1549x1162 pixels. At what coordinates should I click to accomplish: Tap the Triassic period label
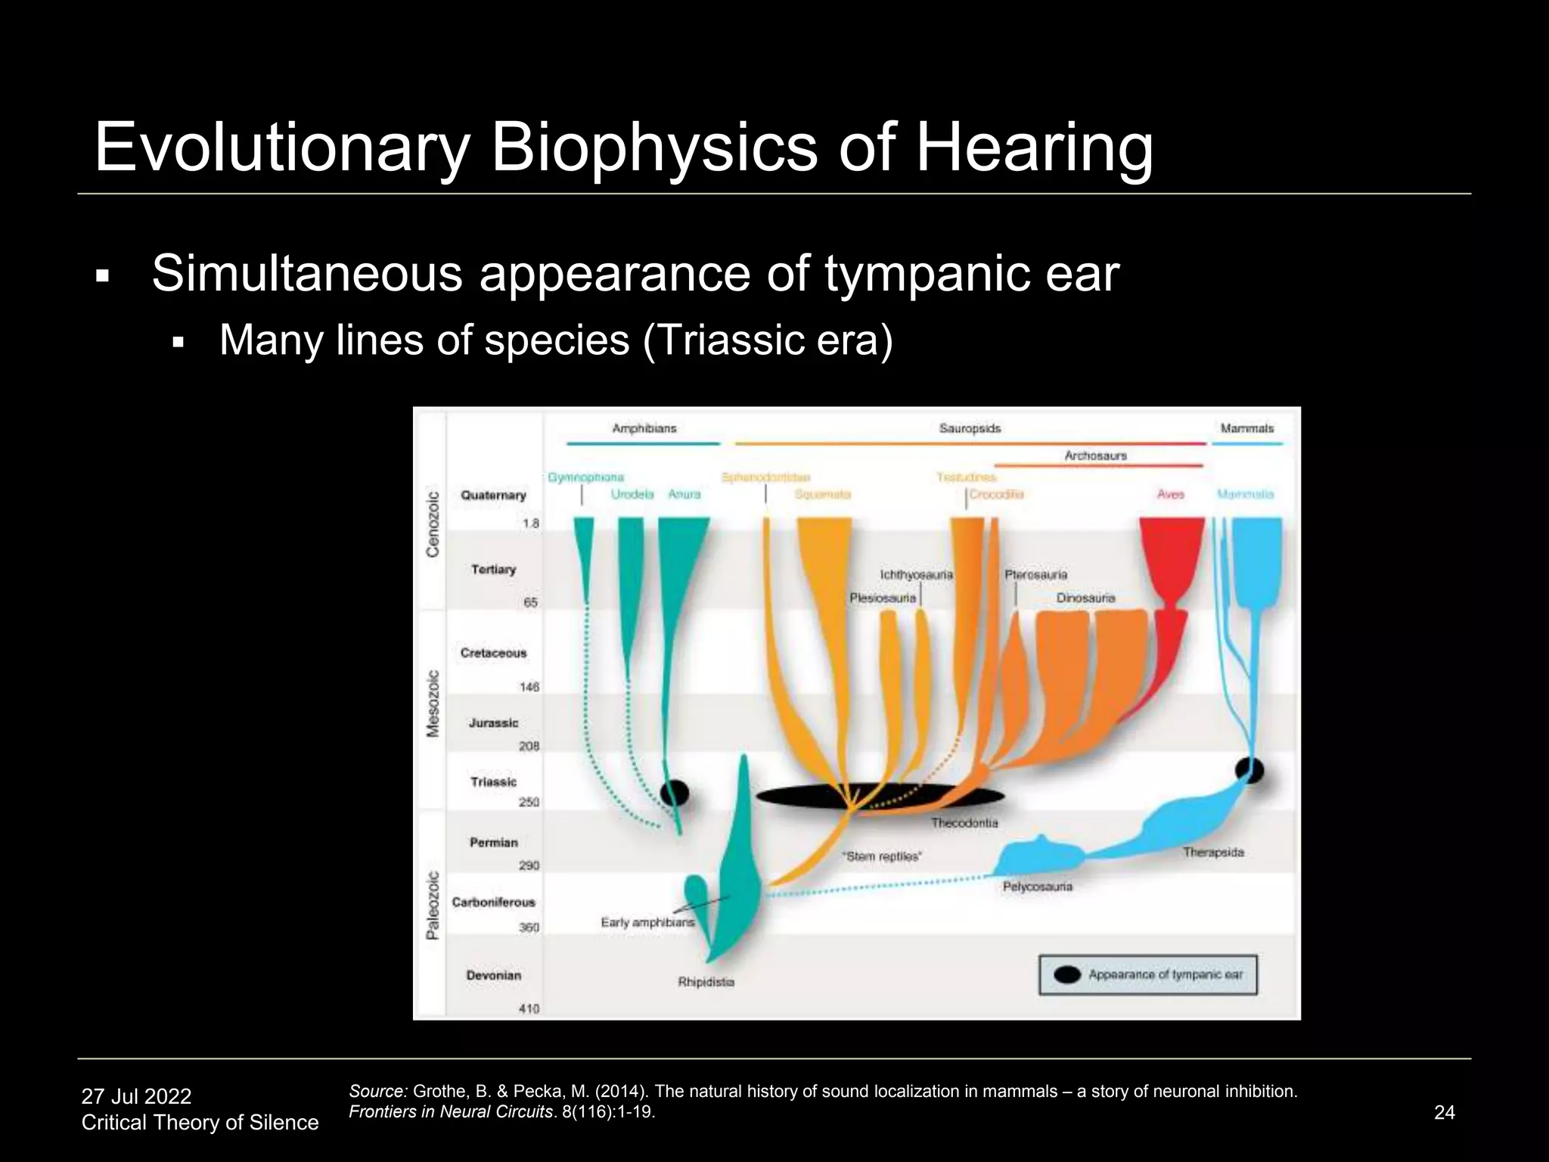(493, 781)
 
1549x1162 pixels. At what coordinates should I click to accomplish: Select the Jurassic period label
(493, 723)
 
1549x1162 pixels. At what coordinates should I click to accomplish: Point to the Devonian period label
(493, 975)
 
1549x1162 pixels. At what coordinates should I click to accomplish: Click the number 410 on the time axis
(529, 1008)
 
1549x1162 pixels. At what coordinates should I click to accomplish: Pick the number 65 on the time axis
(531, 603)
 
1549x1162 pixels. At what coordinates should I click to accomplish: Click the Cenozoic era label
(433, 524)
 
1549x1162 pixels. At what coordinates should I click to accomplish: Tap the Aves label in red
(1170, 494)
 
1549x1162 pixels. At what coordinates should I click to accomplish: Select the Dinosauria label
(1085, 598)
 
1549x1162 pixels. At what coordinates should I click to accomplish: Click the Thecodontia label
(964, 822)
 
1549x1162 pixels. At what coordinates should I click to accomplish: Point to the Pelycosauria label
(1037, 886)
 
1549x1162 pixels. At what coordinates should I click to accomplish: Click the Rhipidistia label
(706, 982)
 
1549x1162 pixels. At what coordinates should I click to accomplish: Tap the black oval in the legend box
(1067, 974)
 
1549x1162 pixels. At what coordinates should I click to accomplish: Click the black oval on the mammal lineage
(1249, 771)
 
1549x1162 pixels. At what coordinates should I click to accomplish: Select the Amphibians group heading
(644, 428)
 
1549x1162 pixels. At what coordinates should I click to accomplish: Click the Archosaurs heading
(1095, 455)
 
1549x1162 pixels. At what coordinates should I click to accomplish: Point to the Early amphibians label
(647, 922)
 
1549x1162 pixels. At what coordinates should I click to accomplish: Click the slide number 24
(1444, 1112)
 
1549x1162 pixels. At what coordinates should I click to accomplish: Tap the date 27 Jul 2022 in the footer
(136, 1096)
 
